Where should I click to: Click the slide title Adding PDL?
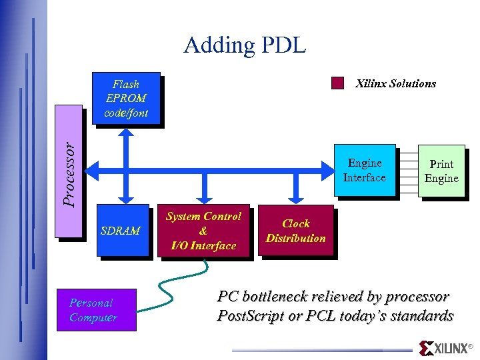245,45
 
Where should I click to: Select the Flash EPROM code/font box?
126,98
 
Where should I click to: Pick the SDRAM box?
122,231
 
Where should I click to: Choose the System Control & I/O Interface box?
203,231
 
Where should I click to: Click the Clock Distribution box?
295,231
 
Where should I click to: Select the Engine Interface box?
364,171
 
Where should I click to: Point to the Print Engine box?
441,171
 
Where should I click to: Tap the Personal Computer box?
97,310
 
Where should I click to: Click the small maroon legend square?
338,83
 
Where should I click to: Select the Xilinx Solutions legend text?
395,83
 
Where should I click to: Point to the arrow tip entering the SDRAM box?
123,199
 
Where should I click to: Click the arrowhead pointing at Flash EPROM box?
123,133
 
